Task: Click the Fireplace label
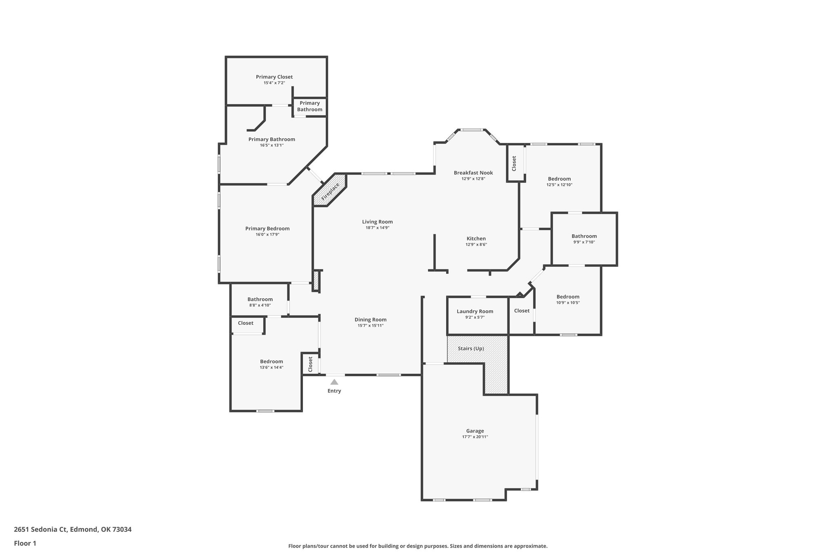[x=330, y=191]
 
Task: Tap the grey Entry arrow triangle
[x=334, y=382]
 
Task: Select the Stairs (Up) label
[x=471, y=348]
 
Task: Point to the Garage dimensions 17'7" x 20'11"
[x=475, y=437]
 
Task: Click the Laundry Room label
[x=475, y=311]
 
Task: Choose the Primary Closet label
[x=274, y=77]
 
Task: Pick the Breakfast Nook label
[x=474, y=173]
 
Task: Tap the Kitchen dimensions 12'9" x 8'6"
[x=476, y=245]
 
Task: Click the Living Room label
[x=377, y=222]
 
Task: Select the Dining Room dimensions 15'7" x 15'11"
[x=370, y=326]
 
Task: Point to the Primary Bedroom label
[x=267, y=229]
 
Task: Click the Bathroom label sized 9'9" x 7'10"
[x=584, y=236]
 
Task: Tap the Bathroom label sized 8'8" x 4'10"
[x=260, y=300]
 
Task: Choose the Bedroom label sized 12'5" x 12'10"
[x=559, y=179]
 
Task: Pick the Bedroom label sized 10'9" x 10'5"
[x=568, y=297]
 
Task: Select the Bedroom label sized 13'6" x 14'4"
[x=271, y=362]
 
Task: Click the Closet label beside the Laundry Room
[x=522, y=311]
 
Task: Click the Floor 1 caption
[x=25, y=543]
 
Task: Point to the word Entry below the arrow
[x=334, y=391]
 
